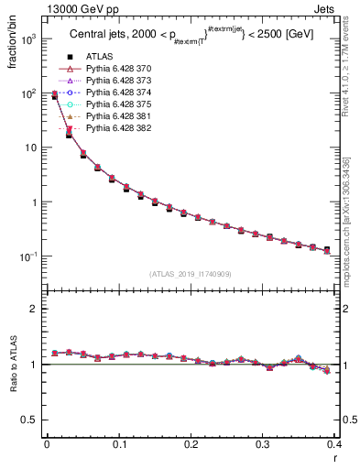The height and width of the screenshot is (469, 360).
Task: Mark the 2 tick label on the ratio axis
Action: click(34, 309)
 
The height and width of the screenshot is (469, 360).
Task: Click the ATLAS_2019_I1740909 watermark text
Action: click(190, 274)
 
